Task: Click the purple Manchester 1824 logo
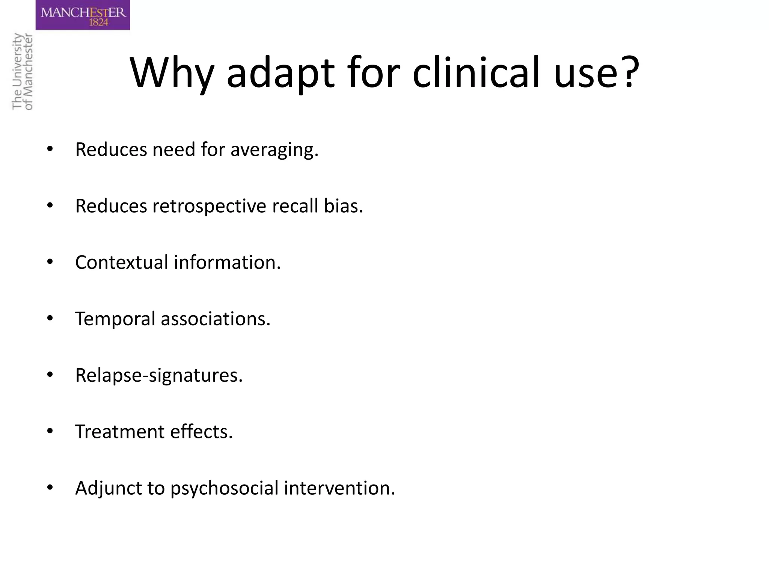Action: coord(83,15)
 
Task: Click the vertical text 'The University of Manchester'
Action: coord(23,71)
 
